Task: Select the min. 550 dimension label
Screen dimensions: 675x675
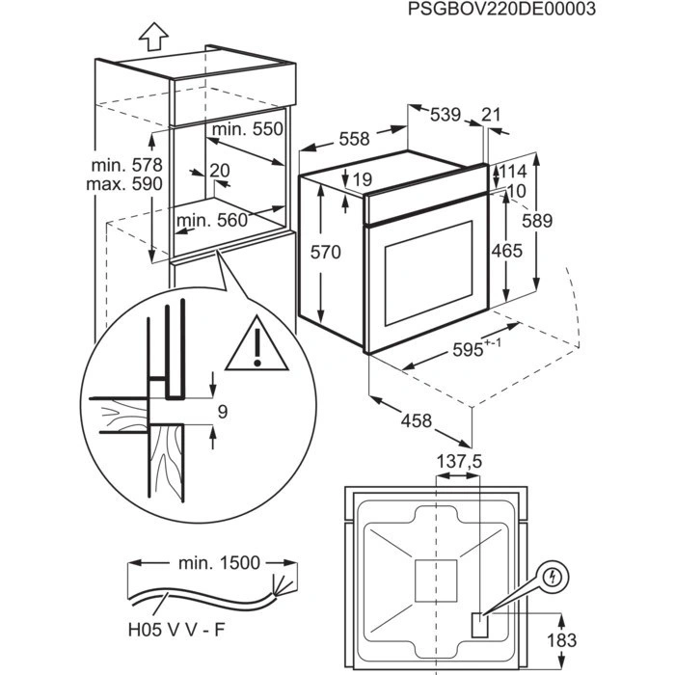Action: click(x=248, y=129)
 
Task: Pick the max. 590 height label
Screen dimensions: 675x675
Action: click(x=123, y=185)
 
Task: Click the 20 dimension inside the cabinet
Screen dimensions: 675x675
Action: click(x=220, y=171)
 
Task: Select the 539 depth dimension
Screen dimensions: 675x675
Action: click(x=445, y=115)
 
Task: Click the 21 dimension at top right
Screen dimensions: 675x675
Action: click(x=491, y=115)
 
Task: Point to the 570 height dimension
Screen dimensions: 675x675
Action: click(x=326, y=253)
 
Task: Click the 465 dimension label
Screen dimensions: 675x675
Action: click(x=505, y=251)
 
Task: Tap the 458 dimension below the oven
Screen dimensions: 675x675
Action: click(x=417, y=420)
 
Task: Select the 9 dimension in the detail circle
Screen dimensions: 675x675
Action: click(x=223, y=413)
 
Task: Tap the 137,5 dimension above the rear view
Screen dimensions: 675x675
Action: click(x=460, y=463)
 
